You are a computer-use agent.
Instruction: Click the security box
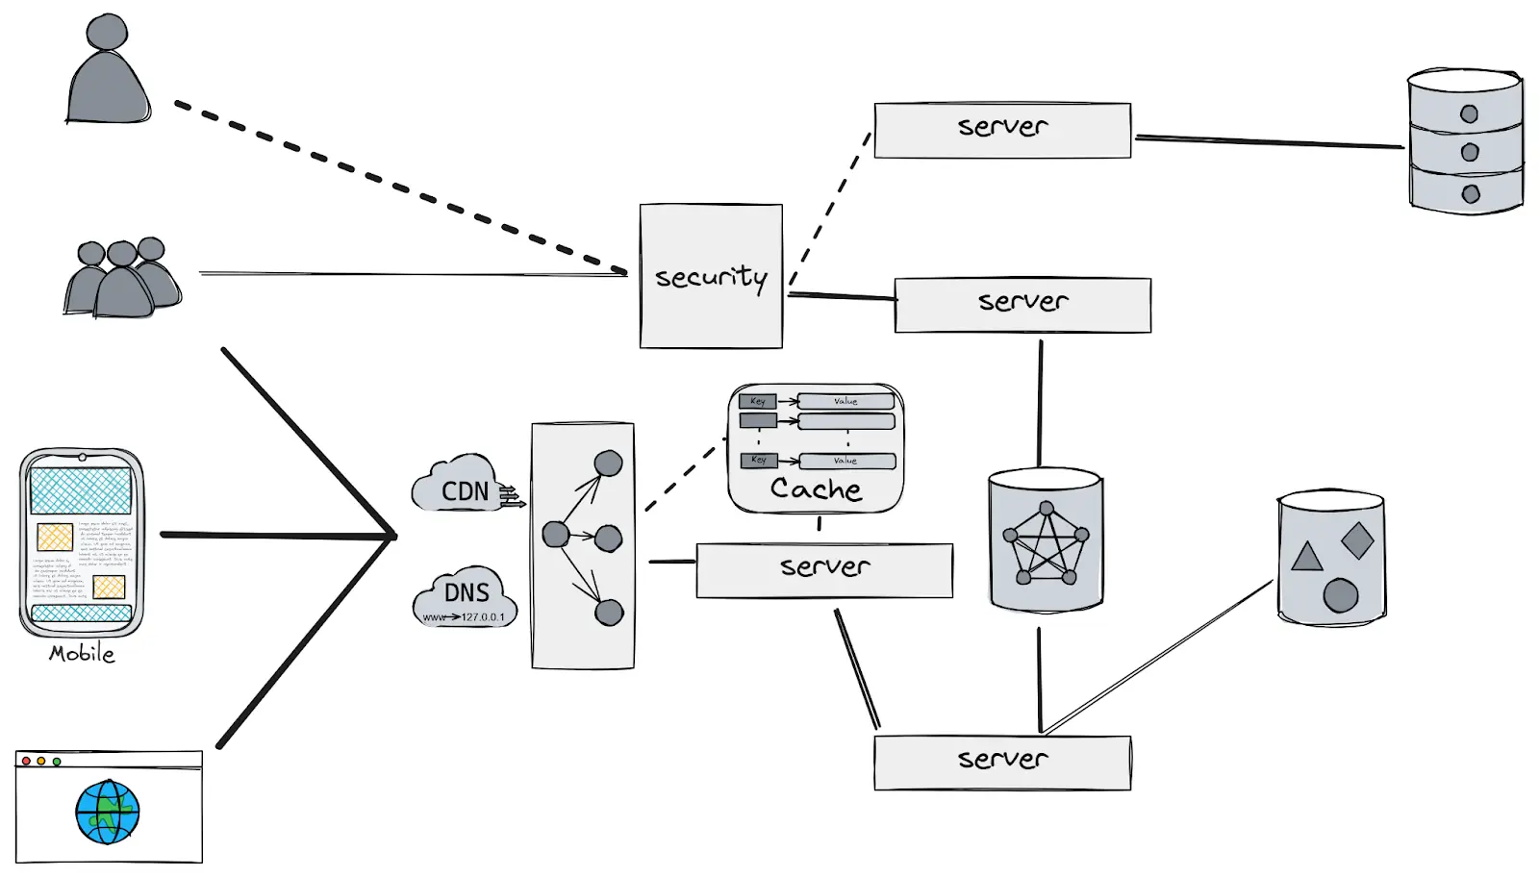coord(711,276)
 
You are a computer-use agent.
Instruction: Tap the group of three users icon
coord(122,279)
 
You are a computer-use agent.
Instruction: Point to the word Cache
coord(816,489)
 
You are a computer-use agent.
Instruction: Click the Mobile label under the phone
coord(82,654)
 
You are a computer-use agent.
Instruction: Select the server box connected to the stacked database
coord(1002,130)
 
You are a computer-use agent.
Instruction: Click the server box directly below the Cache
coord(824,570)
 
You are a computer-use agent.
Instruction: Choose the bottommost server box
coord(1002,763)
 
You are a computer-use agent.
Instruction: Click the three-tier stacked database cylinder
coord(1465,141)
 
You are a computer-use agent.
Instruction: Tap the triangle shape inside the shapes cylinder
coord(1306,557)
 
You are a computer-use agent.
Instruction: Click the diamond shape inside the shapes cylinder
coord(1357,540)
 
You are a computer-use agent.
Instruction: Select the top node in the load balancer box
coord(608,464)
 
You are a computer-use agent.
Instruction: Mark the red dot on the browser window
coord(26,761)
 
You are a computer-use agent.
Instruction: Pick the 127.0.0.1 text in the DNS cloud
coord(482,617)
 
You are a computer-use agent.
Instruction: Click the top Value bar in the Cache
coord(845,401)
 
